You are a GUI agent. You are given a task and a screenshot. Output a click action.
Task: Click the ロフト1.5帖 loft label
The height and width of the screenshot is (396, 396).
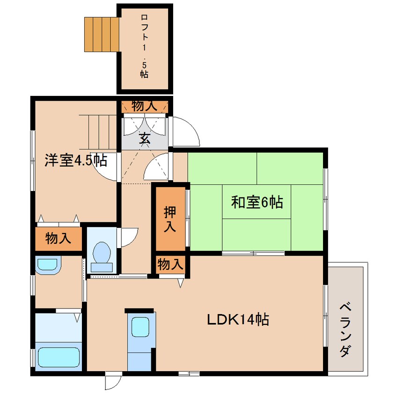coord(144,46)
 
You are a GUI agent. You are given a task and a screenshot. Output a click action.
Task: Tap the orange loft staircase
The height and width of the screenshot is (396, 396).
coord(102,34)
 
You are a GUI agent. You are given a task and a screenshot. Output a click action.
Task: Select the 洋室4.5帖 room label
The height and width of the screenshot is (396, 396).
coord(76,160)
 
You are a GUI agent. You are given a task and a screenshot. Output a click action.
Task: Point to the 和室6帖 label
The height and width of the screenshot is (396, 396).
coord(257,202)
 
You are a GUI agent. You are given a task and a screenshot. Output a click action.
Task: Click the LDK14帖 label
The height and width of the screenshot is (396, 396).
coord(238,319)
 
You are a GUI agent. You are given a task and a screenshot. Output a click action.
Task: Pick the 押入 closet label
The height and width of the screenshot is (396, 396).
coord(170,219)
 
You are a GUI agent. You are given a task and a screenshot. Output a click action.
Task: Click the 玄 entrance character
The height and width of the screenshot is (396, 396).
coord(145,138)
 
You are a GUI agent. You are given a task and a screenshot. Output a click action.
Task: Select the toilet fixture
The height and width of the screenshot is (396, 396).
coord(102,257)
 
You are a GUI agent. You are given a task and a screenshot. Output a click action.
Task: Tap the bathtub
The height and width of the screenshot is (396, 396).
coord(59,357)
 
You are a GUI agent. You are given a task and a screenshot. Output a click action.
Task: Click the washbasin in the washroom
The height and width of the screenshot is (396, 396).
coord(48,264)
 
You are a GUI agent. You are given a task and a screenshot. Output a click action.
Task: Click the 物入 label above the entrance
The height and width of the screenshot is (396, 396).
coord(145,106)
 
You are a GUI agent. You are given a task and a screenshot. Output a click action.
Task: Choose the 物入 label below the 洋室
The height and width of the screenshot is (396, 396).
coord(58,238)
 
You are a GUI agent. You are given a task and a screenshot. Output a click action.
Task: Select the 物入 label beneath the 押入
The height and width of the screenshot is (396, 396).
coord(170,264)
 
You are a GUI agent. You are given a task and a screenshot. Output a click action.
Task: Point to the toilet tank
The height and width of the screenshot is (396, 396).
coord(102,267)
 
